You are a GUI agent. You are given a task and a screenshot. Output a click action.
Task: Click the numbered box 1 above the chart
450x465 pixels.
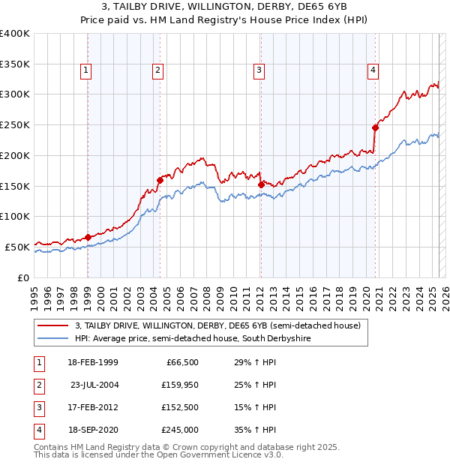click(86, 70)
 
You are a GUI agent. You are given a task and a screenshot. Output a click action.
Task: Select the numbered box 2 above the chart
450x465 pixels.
click(158, 70)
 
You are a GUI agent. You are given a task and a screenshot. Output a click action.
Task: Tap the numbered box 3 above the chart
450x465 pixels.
click(259, 70)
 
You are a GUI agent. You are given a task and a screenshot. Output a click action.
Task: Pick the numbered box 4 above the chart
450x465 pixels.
click(373, 70)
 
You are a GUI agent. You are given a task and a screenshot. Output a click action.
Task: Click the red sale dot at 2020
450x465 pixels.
click(375, 127)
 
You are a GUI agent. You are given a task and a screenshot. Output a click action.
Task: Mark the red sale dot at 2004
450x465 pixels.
click(160, 179)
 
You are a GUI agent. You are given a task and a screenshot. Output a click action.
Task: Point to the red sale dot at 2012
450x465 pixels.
click(260, 184)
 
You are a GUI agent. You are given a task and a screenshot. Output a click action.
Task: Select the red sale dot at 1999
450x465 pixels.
click(88, 237)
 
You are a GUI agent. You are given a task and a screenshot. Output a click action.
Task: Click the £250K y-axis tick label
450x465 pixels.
click(14, 125)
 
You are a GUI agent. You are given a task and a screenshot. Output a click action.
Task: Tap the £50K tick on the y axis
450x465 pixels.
click(16, 247)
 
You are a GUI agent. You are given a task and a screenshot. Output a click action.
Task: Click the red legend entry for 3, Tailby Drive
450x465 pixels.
click(218, 325)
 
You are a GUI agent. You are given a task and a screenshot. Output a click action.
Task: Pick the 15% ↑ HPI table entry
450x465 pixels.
click(254, 407)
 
